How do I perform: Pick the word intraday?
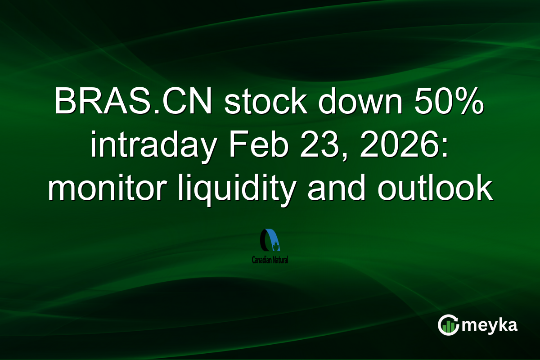[151, 147]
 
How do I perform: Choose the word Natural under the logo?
[279, 260]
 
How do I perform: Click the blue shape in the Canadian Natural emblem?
[273, 241]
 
